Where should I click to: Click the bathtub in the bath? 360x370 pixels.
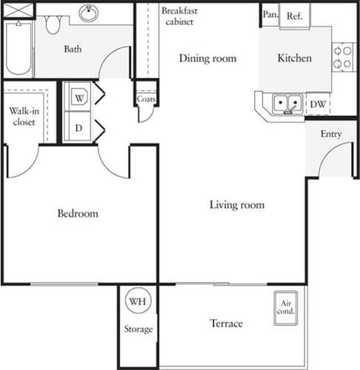[x=18, y=48]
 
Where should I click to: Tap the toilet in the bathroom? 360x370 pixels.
[x=52, y=24]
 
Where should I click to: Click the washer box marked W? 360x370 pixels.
[x=79, y=96]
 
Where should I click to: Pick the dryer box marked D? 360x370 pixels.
[x=79, y=127]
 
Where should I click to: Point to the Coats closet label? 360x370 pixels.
[x=145, y=100]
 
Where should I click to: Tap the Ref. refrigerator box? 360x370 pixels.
[x=294, y=15]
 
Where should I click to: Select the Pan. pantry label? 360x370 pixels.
[x=269, y=14]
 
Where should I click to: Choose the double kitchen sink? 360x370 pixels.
[x=287, y=104]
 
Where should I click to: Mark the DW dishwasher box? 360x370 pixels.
[x=318, y=105]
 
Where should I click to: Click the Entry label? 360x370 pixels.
[x=330, y=134]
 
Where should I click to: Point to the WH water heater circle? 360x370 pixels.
[x=137, y=302]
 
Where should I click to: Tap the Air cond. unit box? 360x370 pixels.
[x=286, y=306]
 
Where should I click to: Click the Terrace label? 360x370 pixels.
[x=225, y=323]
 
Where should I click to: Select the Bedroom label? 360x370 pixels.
[x=78, y=214]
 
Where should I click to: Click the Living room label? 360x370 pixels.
[x=236, y=205]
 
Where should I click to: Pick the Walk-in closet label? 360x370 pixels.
[x=24, y=118]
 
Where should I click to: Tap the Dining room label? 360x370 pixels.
[x=208, y=58]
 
